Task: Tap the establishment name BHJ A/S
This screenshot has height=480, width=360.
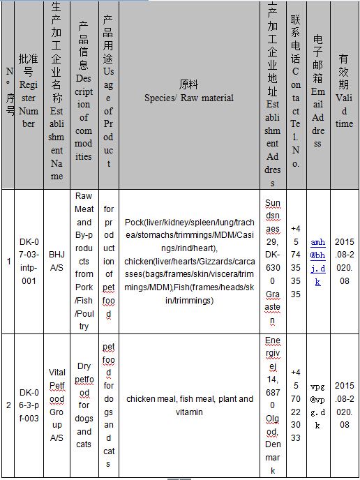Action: tap(57, 261)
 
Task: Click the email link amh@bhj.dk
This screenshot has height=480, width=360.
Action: tap(317, 261)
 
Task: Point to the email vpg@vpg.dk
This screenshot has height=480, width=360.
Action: tap(317, 405)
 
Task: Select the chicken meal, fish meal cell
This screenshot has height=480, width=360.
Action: tap(189, 405)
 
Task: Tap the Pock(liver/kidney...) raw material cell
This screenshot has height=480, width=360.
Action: tap(189, 261)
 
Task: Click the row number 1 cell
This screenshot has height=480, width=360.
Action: tap(8, 261)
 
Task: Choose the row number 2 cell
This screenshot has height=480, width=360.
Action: tap(8, 405)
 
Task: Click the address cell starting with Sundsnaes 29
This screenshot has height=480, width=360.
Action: tap(273, 261)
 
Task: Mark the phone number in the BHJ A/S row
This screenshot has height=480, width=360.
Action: tap(296, 261)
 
